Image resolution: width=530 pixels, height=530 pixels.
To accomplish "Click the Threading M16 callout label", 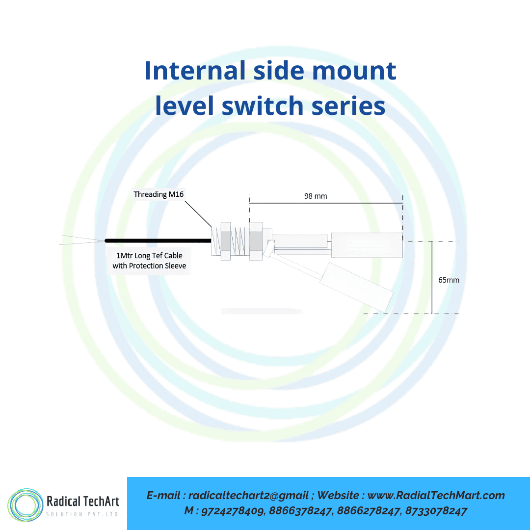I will (159, 194).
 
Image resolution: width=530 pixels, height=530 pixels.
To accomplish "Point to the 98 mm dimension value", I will (315, 196).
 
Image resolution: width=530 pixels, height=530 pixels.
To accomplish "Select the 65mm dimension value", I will (449, 280).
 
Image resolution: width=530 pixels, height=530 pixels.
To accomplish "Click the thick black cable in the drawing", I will (157, 240).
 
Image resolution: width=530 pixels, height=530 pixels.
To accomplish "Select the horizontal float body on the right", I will (367, 244).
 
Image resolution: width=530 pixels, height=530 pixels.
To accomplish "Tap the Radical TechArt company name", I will (82, 501).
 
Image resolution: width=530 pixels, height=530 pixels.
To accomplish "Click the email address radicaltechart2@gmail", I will (248, 496).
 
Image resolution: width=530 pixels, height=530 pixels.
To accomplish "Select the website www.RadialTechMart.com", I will (436, 496).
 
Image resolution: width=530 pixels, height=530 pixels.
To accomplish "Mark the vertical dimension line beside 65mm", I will (432, 277).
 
